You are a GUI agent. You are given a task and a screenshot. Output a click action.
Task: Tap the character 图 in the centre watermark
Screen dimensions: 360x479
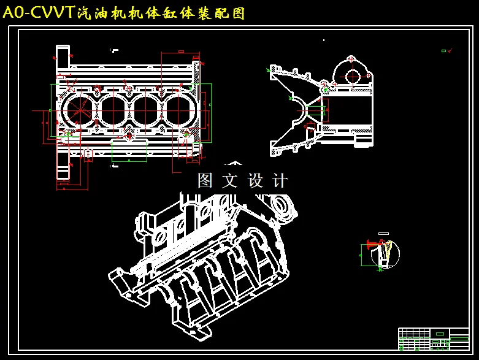coord(204,180)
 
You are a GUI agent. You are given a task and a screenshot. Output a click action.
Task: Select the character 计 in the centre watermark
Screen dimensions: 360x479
coord(280,180)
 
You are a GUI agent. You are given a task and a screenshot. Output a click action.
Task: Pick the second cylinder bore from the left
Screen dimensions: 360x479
coord(112,110)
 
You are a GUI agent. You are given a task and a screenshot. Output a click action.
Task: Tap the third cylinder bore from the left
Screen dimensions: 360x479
coord(146,110)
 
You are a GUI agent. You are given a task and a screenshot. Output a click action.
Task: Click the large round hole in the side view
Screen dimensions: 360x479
coord(353,77)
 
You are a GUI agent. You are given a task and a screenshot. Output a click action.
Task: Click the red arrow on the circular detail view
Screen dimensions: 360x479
coord(370,243)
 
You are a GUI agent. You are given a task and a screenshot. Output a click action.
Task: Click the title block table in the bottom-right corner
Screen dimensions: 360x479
coord(433,339)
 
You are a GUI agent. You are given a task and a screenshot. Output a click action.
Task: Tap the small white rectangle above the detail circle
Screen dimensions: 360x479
coord(384,234)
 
